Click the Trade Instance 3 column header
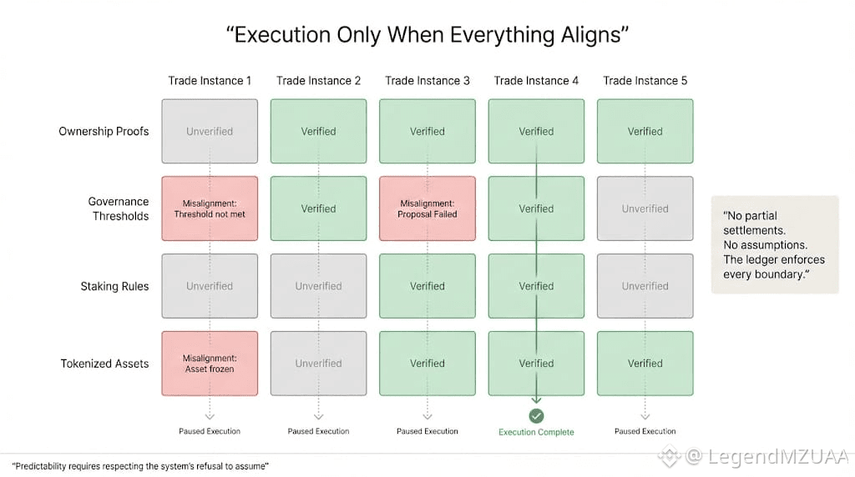coord(427,81)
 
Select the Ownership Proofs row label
coord(104,131)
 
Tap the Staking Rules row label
coord(114,286)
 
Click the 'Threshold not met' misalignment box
coord(210,208)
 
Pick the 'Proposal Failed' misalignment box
coord(427,208)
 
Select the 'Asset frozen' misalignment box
coord(210,364)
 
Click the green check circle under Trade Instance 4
coord(536,415)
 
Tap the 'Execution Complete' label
coord(536,432)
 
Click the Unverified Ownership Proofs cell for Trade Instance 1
coord(210,131)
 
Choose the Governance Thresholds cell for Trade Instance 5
coord(645,208)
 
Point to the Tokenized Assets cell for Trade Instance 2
coord(318,364)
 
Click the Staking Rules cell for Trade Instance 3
coord(427,286)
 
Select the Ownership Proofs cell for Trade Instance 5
coord(645,131)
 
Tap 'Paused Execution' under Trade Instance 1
coord(210,431)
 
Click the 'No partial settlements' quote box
coord(774,244)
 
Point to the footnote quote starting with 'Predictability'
coord(139,464)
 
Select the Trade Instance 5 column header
coord(645,81)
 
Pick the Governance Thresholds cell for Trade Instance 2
coord(318,208)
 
